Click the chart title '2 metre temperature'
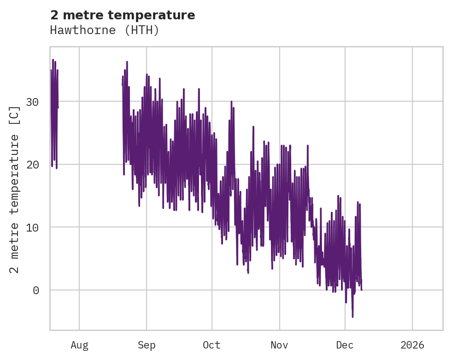pyautogui.click(x=123, y=15)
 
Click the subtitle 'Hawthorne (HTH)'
pyautogui.click(x=105, y=30)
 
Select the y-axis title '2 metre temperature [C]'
pyautogui.click(x=15, y=190)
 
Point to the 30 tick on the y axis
pyautogui.click(x=32, y=102)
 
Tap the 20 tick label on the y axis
pyautogui.click(x=32, y=164)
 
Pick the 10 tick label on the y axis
pyautogui.click(x=32, y=227)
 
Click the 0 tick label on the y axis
pyautogui.click(x=35, y=290)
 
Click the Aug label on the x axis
pyautogui.click(x=79, y=345)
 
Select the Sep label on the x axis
pyautogui.click(x=147, y=345)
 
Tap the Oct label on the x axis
pyautogui.click(x=212, y=345)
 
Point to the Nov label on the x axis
pyautogui.click(x=279, y=345)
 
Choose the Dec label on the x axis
pyautogui.click(x=345, y=345)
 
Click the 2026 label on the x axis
pyautogui.click(x=412, y=345)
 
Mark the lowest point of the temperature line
pyautogui.click(x=352, y=317)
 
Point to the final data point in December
pyautogui.click(x=361, y=290)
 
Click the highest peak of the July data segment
pyautogui.click(x=53, y=59)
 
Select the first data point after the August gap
pyautogui.click(x=122, y=85)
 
